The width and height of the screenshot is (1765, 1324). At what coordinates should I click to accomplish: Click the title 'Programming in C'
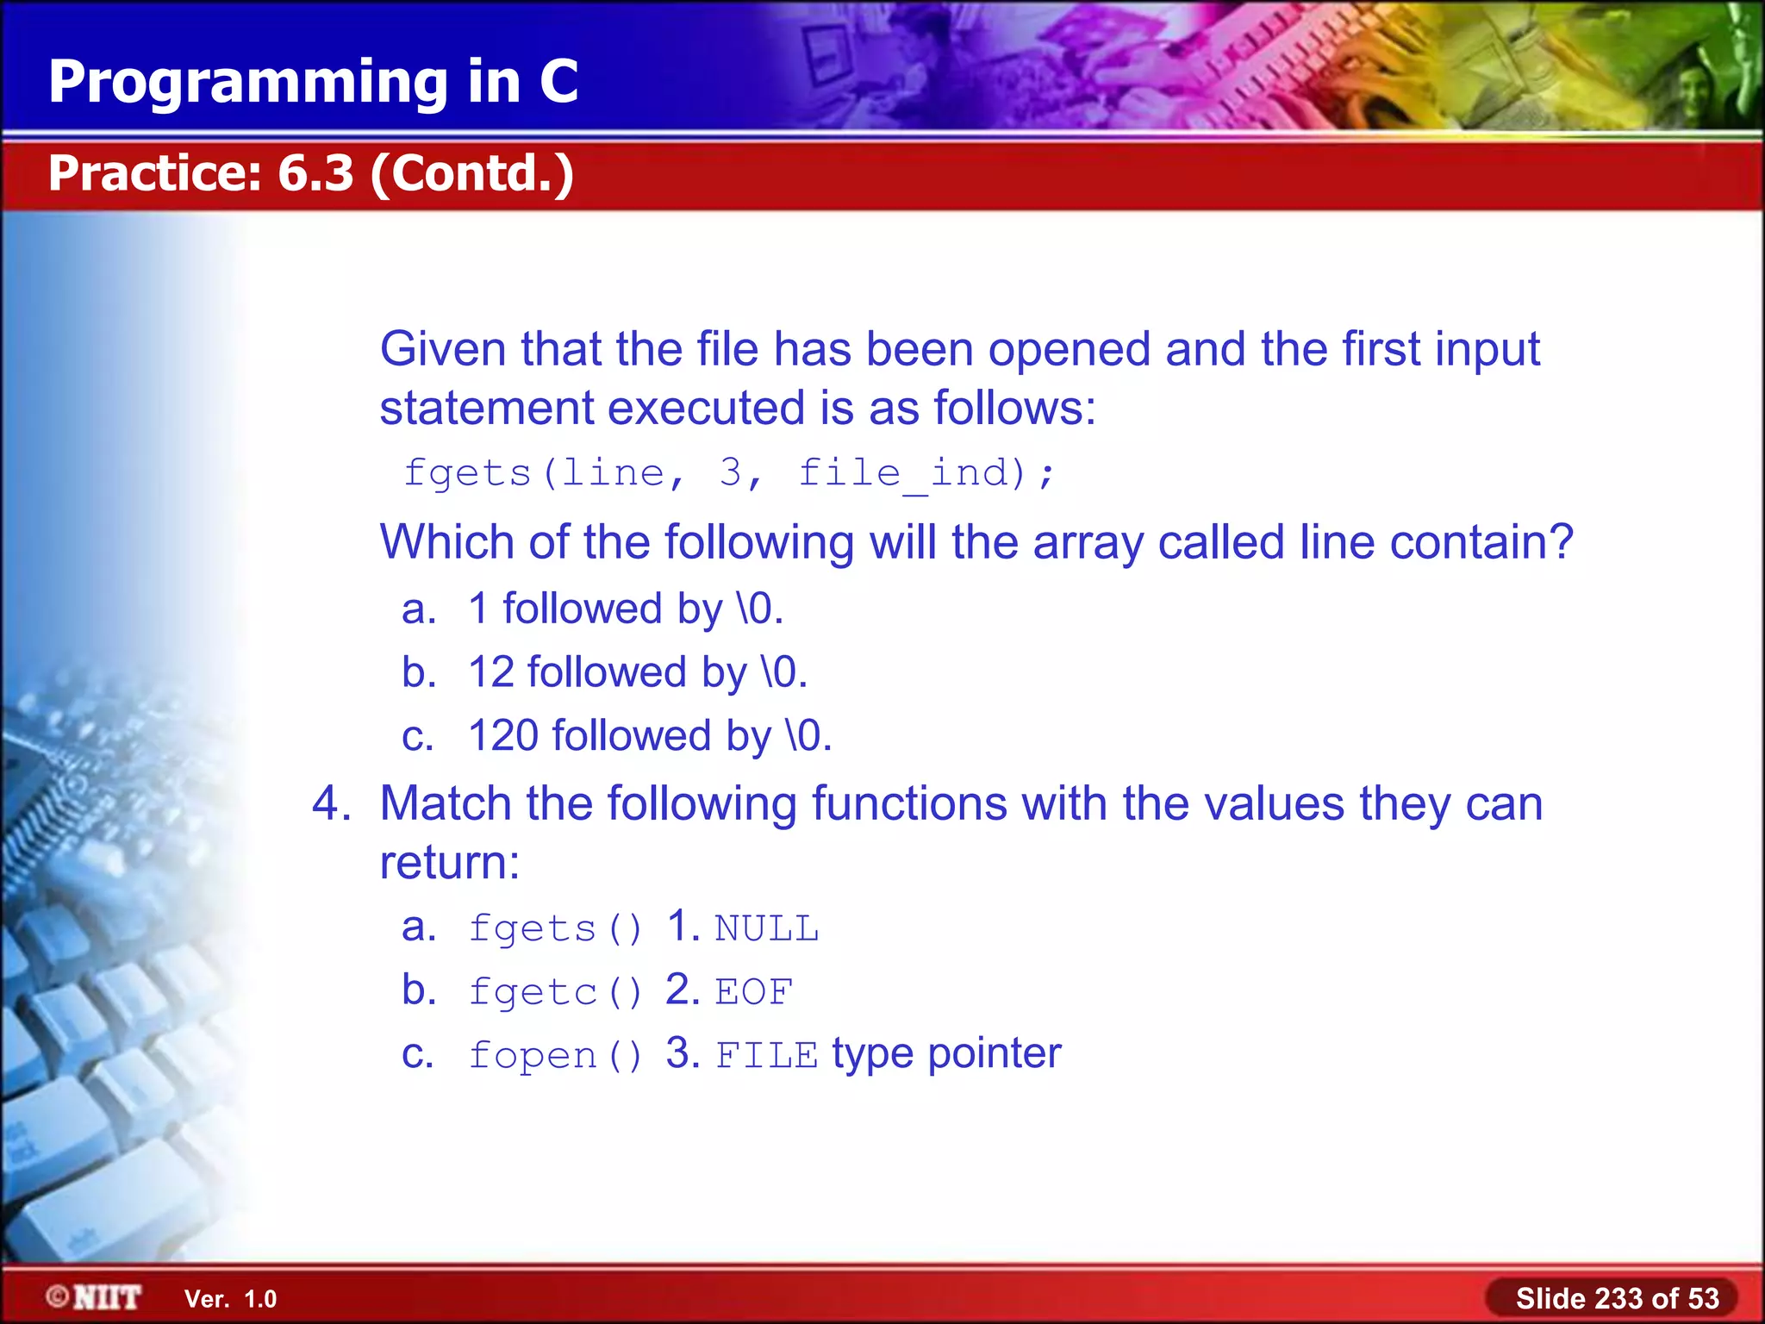click(313, 82)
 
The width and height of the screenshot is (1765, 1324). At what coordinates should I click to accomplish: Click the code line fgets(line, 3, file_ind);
click(729, 473)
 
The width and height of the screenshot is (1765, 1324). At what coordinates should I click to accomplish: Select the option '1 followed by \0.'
click(625, 609)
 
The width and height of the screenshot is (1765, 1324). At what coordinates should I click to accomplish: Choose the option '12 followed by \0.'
click(637, 672)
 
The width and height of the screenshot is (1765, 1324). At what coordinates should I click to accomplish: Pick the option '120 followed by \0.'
click(649, 736)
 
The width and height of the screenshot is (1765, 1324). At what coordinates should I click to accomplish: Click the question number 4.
click(331, 803)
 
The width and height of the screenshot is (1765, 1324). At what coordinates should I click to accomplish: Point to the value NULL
click(766, 929)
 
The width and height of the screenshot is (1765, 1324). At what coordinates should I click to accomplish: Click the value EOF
click(753, 992)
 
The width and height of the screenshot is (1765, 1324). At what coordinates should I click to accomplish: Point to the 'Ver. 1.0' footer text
click(230, 1299)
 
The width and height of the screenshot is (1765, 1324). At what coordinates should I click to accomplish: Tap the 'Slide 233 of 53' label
click(1617, 1298)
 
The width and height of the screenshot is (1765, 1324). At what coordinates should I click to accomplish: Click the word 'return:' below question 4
click(450, 862)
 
